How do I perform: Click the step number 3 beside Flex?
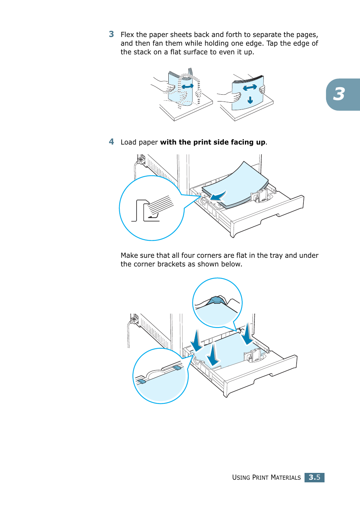point(111,34)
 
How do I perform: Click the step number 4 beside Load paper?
point(111,142)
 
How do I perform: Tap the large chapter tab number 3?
point(339,94)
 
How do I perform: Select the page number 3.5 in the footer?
point(314,477)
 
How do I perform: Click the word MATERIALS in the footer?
point(286,478)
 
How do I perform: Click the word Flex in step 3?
point(127,35)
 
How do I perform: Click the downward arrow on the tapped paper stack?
point(250,100)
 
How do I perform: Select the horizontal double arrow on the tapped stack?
point(250,88)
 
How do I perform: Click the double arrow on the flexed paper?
point(188,86)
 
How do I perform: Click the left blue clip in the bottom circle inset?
point(142,381)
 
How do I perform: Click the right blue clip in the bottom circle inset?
point(177,367)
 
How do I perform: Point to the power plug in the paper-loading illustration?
point(141,160)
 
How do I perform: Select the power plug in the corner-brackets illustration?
point(134,319)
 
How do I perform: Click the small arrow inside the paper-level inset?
point(153,216)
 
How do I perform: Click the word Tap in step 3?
point(272,43)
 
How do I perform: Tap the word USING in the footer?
point(241,478)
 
